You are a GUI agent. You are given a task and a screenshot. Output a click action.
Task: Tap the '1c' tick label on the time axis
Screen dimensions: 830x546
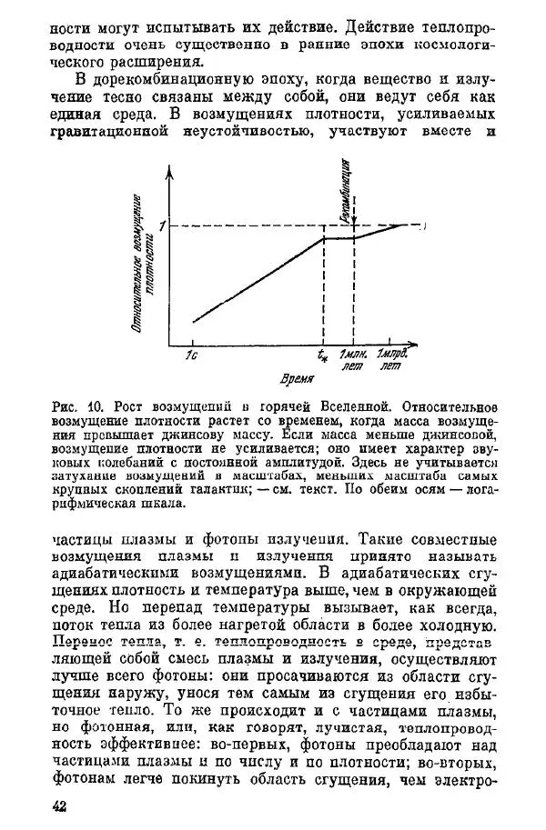coord(192,355)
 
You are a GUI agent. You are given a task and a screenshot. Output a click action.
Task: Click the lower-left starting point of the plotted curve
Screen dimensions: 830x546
coord(193,321)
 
